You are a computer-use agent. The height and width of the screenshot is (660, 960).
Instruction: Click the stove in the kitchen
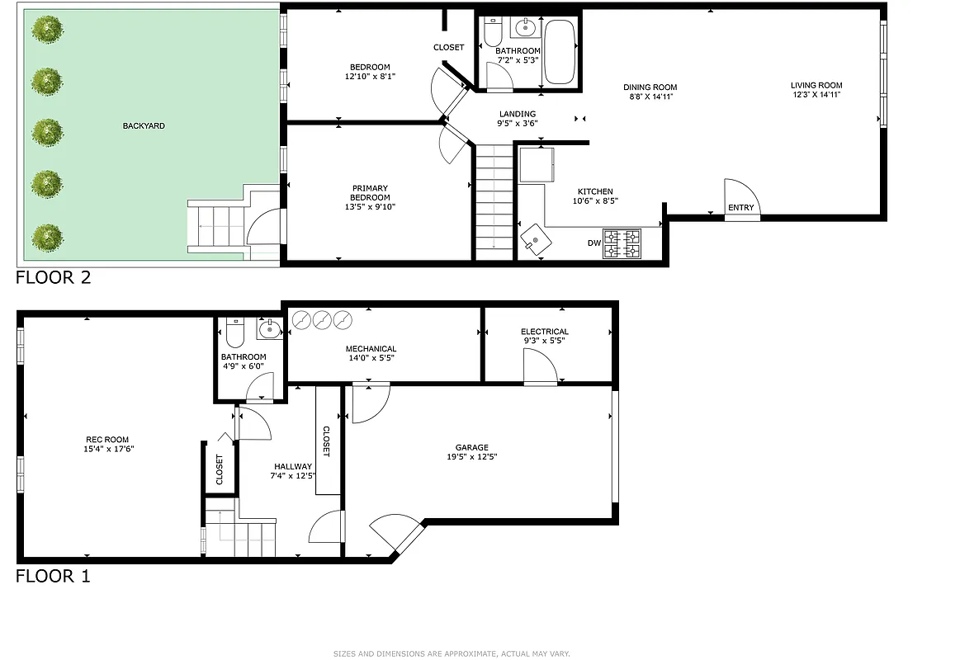tap(622, 243)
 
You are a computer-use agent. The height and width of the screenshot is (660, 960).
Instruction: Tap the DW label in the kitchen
tap(593, 243)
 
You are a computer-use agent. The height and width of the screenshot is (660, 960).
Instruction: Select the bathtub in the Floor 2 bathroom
tap(560, 52)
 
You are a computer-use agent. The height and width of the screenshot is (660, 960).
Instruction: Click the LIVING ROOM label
tap(816, 85)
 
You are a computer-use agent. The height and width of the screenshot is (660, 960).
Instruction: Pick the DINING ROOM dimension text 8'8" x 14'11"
tap(650, 97)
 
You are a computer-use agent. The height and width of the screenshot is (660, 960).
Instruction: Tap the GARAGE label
tap(471, 448)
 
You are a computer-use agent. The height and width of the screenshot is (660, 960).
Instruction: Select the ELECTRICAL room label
tap(544, 332)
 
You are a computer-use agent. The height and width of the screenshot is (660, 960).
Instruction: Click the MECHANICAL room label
tap(371, 349)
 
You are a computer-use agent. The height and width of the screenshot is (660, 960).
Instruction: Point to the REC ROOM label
tap(107, 440)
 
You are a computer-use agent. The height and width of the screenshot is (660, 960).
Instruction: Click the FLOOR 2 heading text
tap(54, 277)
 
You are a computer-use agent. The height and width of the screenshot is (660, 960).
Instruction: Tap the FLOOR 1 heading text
tap(53, 576)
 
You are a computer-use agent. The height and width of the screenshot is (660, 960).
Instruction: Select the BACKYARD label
tap(144, 126)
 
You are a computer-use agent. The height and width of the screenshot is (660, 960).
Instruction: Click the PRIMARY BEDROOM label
tap(369, 192)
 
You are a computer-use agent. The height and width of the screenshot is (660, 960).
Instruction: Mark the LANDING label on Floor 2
tap(518, 114)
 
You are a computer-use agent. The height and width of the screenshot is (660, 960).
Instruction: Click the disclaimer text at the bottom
tap(452, 653)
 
